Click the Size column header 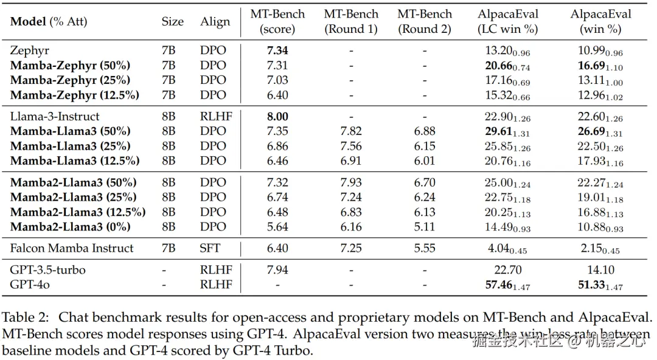pos(172,21)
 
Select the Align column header pos(215,21)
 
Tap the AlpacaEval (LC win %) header pos(508,21)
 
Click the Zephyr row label pos(29,50)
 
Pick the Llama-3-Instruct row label pos(55,116)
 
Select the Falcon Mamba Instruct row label pos(72,247)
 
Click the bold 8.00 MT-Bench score pos(277,116)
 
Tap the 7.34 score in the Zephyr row pos(277,50)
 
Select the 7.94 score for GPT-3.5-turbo pos(277,270)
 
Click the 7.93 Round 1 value pos(351,182)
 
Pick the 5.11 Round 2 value pos(425,226)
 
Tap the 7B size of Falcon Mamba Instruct pos(169,247)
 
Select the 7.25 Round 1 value pos(351,247)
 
